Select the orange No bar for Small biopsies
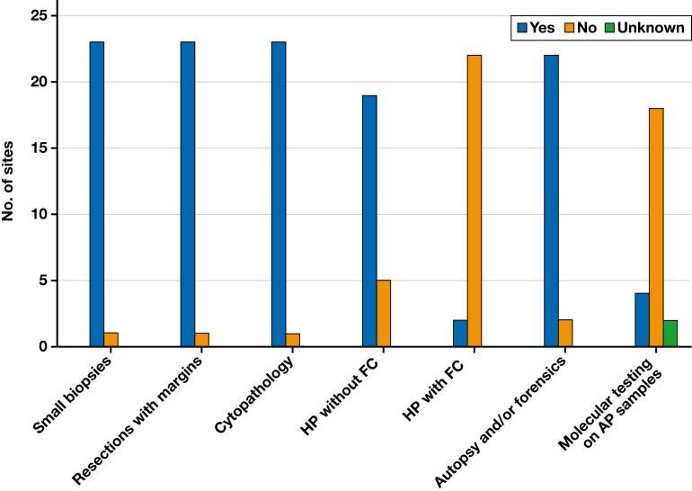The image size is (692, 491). click(x=111, y=340)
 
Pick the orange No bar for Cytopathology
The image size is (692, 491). click(x=293, y=340)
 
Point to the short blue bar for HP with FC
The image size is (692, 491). click(x=460, y=334)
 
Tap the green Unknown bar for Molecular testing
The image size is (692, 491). click(x=670, y=334)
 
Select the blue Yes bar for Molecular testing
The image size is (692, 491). click(x=642, y=320)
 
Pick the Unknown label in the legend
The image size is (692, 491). click(x=656, y=28)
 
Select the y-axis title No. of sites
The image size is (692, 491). click(x=15, y=181)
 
